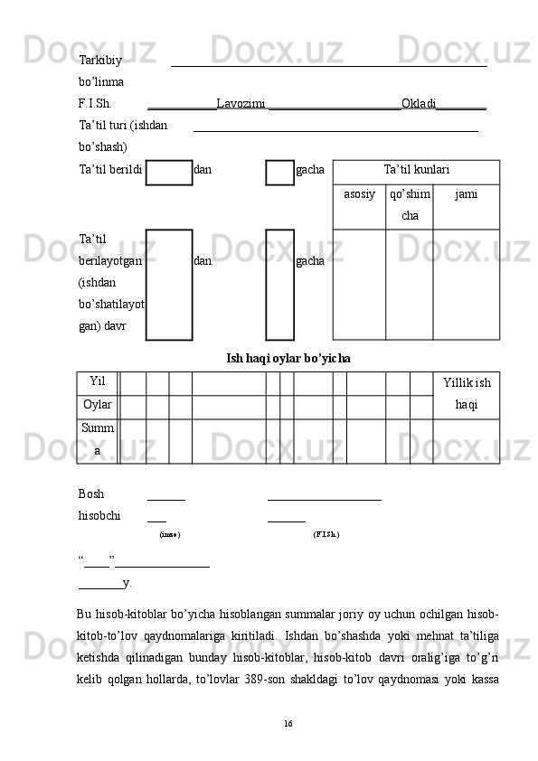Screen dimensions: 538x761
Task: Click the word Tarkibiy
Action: click(100, 61)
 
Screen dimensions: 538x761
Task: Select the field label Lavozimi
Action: click(241, 103)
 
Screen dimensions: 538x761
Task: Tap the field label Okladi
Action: click(419, 103)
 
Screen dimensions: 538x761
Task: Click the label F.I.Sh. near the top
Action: click(95, 103)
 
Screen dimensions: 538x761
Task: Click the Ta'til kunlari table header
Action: click(417, 169)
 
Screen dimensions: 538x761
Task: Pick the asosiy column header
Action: click(359, 194)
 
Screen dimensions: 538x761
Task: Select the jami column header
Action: click(467, 194)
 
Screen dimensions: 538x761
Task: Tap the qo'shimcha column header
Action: click(410, 204)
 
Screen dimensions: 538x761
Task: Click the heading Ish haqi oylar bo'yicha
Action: click(288, 359)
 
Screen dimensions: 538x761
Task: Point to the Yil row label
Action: click(98, 381)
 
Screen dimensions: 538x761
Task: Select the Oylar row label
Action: click(98, 404)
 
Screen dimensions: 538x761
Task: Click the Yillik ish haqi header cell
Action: click(467, 393)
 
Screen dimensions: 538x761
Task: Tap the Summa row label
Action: click(98, 439)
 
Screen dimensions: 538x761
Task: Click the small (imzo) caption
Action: click(170, 534)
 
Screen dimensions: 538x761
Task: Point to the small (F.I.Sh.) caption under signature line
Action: click(326, 534)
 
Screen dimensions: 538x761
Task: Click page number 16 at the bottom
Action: click(288, 724)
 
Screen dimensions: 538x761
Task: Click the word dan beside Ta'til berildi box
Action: click(203, 169)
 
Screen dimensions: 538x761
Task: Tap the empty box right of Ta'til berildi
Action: click(169, 173)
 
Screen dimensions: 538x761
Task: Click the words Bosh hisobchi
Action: click(99, 504)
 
